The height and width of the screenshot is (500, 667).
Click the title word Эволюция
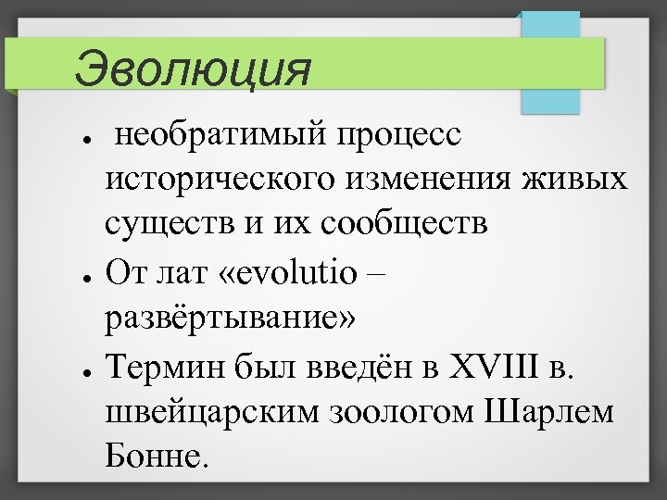192,69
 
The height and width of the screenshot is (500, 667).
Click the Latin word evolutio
300,273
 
